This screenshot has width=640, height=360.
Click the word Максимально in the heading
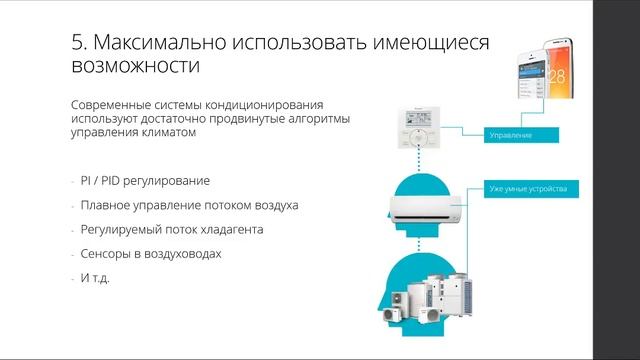pyautogui.click(x=160, y=44)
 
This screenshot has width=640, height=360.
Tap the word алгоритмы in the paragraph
pyautogui.click(x=323, y=118)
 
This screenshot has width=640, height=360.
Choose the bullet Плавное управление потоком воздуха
pyautogui.click(x=189, y=205)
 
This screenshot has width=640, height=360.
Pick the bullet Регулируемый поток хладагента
pyautogui.click(x=175, y=229)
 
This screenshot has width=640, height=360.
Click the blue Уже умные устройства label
pyautogui.click(x=531, y=187)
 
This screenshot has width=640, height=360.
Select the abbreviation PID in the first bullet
pyautogui.click(x=112, y=181)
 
